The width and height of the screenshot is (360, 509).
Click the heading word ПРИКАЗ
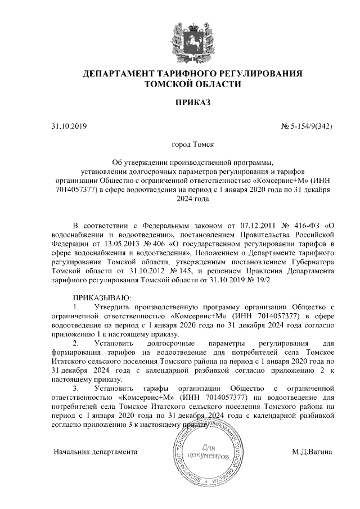[193, 103]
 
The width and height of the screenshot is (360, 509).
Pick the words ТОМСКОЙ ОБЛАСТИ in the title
[193, 84]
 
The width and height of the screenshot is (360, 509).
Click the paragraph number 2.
[76, 343]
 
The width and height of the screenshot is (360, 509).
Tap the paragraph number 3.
[76, 389]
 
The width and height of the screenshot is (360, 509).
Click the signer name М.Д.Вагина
[312, 452]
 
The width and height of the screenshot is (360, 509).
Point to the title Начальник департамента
[96, 452]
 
